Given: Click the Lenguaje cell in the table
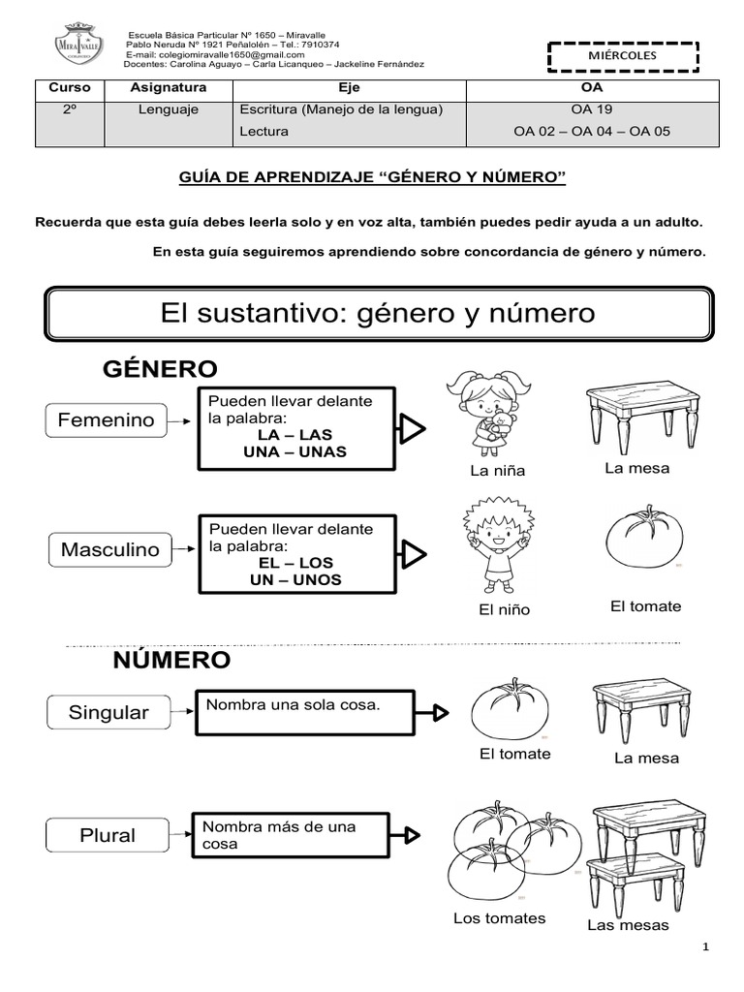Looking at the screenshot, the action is pyautogui.click(x=169, y=109).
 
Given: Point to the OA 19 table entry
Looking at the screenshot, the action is pyautogui.click(x=592, y=109).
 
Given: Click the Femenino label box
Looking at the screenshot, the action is pyautogui.click(x=107, y=420).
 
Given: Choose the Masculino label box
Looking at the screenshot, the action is pyautogui.click(x=109, y=549).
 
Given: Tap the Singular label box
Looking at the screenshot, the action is pyautogui.click(x=108, y=712).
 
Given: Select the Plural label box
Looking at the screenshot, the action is pyautogui.click(x=108, y=835).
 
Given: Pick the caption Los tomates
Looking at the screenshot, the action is pyautogui.click(x=500, y=918).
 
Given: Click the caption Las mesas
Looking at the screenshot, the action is pyautogui.click(x=628, y=925).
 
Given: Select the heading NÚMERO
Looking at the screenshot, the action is pyautogui.click(x=171, y=661).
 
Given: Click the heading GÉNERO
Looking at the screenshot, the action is pyautogui.click(x=160, y=368).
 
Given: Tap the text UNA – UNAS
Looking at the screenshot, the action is pyautogui.click(x=295, y=451).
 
